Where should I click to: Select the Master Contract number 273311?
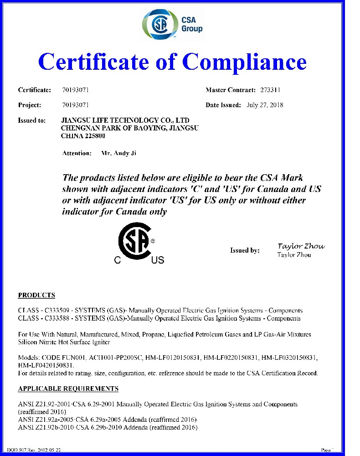click(x=270, y=90)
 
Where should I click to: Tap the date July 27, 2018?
click(x=265, y=105)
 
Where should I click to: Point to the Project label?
click(x=30, y=105)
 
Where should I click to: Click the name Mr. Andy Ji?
click(x=118, y=153)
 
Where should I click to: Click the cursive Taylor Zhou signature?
click(x=301, y=246)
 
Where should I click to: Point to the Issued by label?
click(x=245, y=250)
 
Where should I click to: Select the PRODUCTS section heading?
click(x=36, y=295)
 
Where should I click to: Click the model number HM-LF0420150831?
click(x=46, y=365)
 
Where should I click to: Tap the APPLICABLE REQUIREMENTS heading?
click(x=68, y=389)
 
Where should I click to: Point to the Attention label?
click(x=77, y=153)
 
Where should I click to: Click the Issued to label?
click(x=32, y=120)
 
